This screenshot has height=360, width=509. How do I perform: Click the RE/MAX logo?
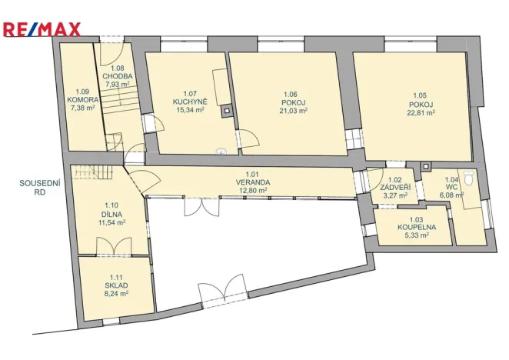[42, 30]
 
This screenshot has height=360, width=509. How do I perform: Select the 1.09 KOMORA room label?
[82, 100]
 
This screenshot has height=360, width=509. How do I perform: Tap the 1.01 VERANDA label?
[252, 182]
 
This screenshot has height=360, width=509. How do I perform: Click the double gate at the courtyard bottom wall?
[222, 293]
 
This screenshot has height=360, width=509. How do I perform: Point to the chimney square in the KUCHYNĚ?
[225, 111]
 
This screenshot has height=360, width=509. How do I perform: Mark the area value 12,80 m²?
[252, 190]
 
